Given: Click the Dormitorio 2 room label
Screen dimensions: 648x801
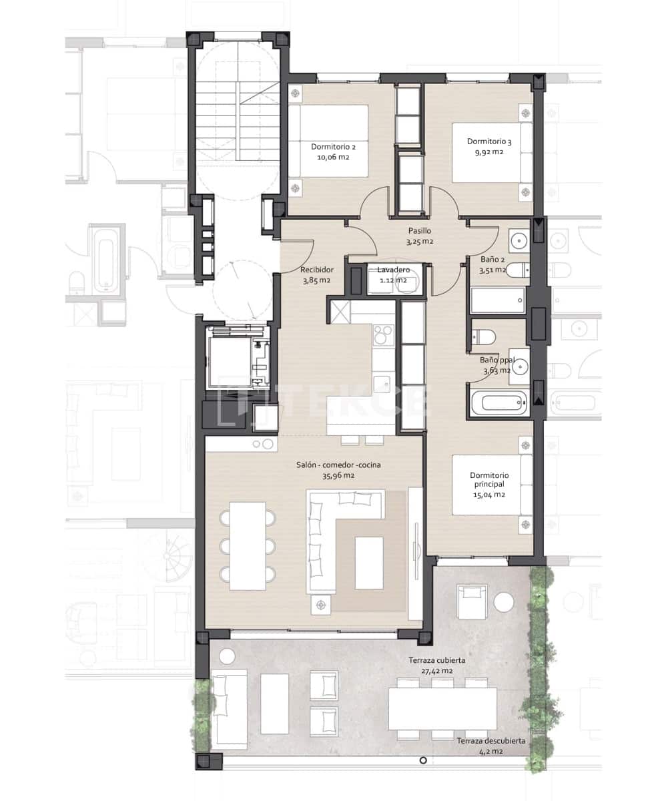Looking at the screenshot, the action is tap(333, 147).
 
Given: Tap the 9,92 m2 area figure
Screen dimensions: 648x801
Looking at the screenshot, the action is tap(489, 152).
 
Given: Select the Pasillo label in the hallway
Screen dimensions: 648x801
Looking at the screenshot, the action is tap(420, 230).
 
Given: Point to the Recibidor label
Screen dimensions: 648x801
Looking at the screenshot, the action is tap(317, 270).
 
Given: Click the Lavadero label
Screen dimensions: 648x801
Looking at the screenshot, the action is tap(393, 270).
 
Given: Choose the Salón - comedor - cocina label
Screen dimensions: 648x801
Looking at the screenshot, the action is tap(338, 465).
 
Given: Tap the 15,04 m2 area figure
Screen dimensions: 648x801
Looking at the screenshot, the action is tap(489, 495).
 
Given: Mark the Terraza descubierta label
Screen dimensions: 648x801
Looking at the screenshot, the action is tap(491, 751).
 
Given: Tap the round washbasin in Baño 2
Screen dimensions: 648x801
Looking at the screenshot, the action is tap(519, 240).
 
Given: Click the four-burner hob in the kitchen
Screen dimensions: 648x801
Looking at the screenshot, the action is tap(384, 334).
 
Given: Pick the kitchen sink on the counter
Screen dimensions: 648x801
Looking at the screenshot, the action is tap(384, 384).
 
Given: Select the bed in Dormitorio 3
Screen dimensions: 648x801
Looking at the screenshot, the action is tap(493, 153).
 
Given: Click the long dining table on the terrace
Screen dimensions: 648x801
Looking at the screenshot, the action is tap(442, 709).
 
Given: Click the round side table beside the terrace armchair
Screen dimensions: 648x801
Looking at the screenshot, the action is tap(504, 601).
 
